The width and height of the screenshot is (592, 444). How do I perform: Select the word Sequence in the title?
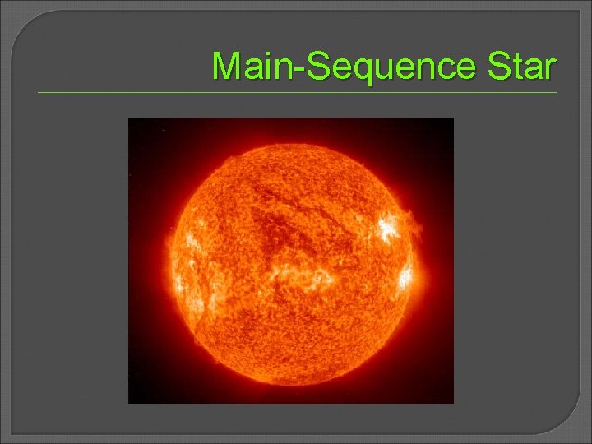click(392, 67)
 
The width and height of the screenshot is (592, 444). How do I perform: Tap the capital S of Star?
click(498, 67)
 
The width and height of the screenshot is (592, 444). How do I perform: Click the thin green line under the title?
click(296, 93)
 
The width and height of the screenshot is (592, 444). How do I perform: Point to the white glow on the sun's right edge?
click(405, 277)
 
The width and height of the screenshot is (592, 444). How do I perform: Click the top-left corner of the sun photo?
click(129, 119)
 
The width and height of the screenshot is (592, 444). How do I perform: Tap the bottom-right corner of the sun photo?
click(452, 402)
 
